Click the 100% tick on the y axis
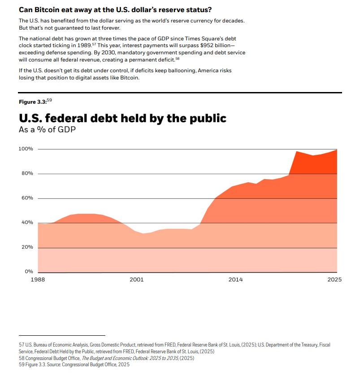[x=26, y=149]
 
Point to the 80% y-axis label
[x=27, y=174]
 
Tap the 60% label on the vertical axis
[x=27, y=198]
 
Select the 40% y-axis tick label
[x=27, y=223]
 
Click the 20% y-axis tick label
[x=27, y=247]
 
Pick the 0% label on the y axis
[x=29, y=272]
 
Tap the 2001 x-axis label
[x=137, y=280]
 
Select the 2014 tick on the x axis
[x=236, y=280]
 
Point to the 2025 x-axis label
[x=334, y=280]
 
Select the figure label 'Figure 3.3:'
[x=32, y=102]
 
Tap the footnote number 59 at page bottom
[x=22, y=364]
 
